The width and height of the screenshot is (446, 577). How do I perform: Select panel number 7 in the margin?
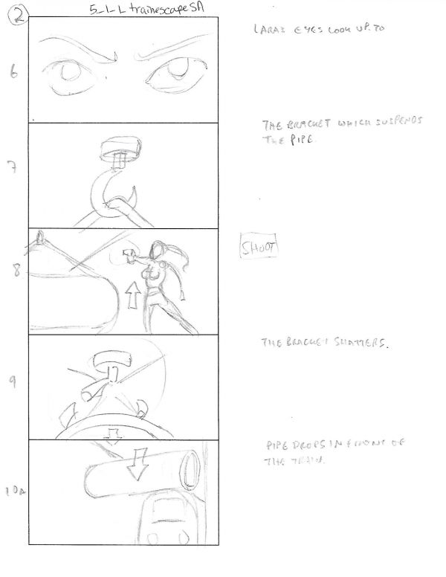13,167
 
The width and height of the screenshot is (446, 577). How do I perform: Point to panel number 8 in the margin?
14,271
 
